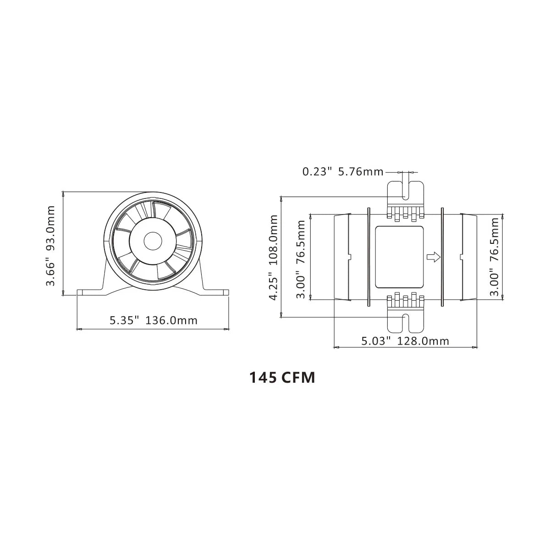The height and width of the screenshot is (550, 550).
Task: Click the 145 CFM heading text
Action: (282, 378)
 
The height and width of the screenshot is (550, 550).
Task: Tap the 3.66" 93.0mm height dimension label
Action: (50, 245)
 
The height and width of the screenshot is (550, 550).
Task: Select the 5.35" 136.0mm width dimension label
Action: (154, 320)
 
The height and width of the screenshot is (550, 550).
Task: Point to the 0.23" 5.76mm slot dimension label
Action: (342, 172)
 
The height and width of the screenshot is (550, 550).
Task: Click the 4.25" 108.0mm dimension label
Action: (274, 257)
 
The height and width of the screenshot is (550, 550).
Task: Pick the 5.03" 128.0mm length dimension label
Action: (405, 341)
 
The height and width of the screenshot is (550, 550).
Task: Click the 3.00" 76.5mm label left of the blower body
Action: (301, 259)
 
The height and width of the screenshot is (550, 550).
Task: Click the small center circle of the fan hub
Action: (153, 241)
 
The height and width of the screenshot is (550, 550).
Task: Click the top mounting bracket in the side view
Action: (406, 195)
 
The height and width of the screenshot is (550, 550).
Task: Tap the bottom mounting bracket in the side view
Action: (406, 319)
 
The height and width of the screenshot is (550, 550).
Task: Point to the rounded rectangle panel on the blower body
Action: (399, 257)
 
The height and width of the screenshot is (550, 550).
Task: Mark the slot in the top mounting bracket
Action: (406, 189)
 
